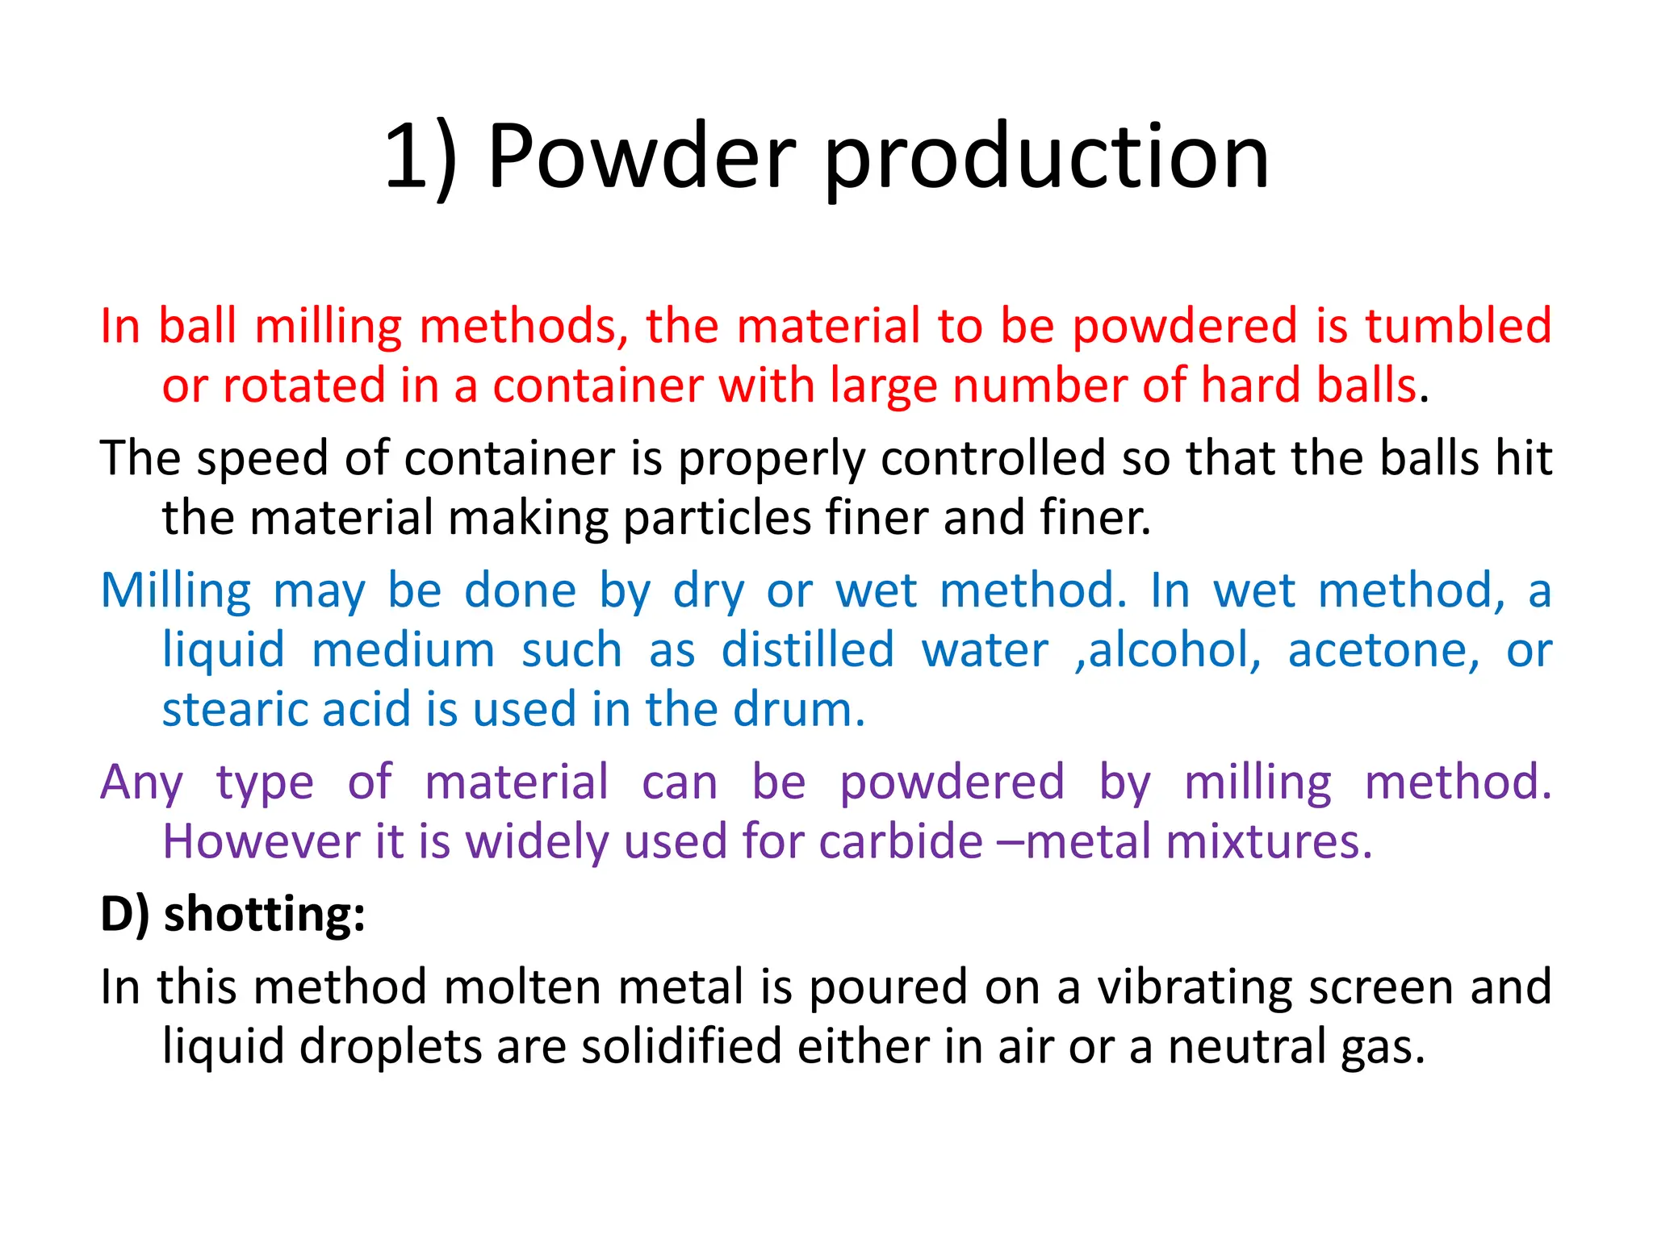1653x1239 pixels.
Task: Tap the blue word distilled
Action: (x=808, y=650)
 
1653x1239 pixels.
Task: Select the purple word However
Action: (x=262, y=841)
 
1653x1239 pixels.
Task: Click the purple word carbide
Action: (x=901, y=841)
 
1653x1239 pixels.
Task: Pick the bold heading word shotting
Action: (x=265, y=915)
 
